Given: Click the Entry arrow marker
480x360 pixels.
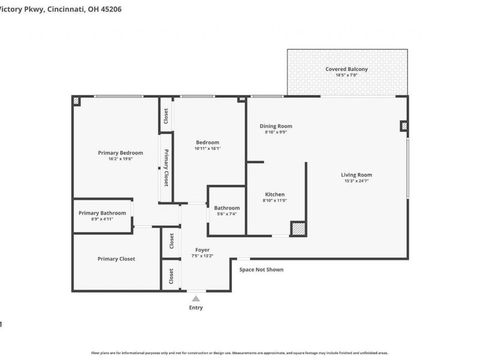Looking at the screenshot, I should click(196, 298).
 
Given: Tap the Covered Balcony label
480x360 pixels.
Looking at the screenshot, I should click(346, 69).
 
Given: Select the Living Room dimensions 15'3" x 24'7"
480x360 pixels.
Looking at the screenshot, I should click(358, 181).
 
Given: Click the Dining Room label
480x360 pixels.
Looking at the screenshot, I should click(275, 126).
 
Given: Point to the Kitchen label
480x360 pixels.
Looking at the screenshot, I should click(275, 194).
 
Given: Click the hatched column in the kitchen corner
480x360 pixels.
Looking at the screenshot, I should click(298, 229).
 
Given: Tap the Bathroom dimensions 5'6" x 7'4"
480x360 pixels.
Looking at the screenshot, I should click(226, 214).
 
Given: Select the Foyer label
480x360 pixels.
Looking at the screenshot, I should click(202, 250).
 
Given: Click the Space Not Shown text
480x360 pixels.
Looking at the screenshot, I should click(261, 270).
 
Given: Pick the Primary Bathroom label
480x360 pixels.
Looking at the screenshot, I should click(102, 213).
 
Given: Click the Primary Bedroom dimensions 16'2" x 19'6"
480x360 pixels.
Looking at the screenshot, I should click(120, 159).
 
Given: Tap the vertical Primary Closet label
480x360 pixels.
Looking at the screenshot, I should click(166, 168).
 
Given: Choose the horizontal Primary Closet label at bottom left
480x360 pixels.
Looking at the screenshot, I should click(116, 259).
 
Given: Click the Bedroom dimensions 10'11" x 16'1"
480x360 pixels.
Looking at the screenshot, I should click(207, 148).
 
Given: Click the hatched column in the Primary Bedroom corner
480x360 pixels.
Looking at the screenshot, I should click(77, 101).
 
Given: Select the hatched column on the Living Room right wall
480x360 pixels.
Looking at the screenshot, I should click(404, 126).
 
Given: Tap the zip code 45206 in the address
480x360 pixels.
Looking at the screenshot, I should click(111, 10).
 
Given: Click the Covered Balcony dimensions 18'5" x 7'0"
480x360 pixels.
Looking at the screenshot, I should click(346, 76).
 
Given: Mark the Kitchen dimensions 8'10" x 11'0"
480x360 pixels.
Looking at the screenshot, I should click(275, 200).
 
